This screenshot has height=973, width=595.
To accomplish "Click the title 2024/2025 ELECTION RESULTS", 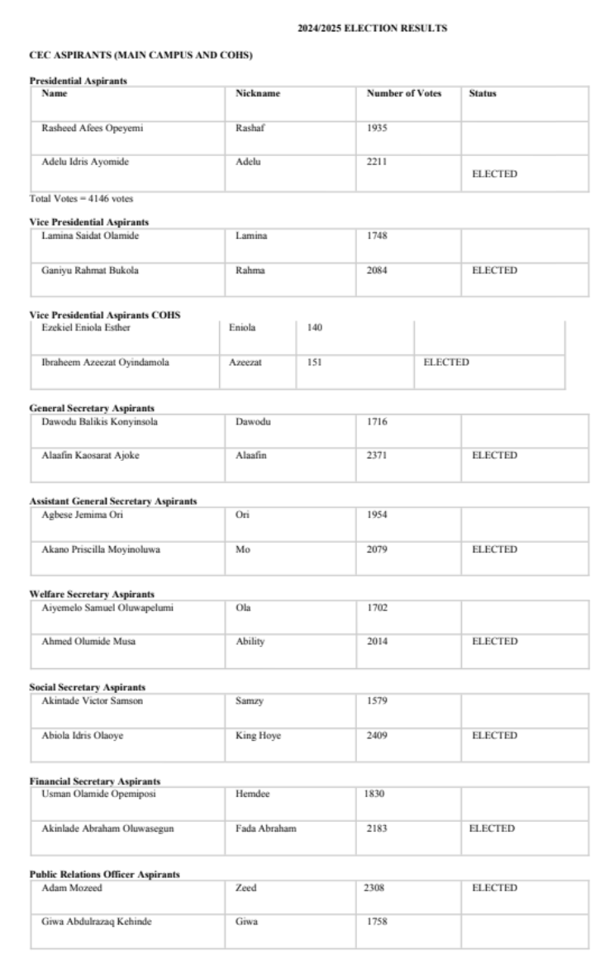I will coord(372,29).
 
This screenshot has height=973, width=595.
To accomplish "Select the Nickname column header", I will coord(258,93).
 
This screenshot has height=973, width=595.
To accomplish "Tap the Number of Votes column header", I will coord(404,93).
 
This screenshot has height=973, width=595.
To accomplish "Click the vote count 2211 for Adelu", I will coord(377,162).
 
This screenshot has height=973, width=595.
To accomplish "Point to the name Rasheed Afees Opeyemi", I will coord(86,128).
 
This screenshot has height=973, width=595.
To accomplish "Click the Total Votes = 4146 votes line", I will coord(69,199).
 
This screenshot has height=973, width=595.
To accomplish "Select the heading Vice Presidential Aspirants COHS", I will coord(104,315).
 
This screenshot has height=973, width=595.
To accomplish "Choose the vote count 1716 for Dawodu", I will coord(377,421).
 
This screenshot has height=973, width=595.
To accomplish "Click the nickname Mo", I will coord(242,549).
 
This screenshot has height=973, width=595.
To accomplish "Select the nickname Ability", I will coord(250,642).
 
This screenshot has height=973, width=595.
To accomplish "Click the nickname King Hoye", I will coord(258,735).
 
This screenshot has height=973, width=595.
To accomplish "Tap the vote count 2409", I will coord(377,735).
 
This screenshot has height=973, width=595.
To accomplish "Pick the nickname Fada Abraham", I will coord(261,828).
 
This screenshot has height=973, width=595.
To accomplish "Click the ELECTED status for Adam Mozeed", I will coord(494,888).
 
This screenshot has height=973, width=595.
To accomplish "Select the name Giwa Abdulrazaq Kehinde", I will coord(97,922).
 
